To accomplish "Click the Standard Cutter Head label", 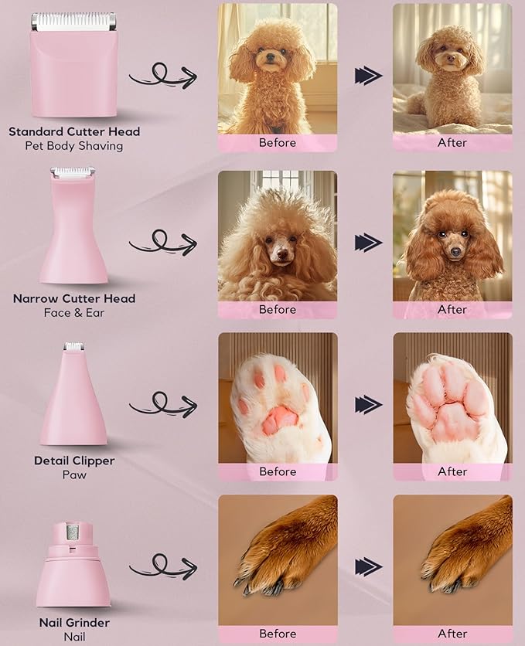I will coord(74,131).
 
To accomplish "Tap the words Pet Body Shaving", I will coord(74,146).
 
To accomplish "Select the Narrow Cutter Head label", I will coord(74,298).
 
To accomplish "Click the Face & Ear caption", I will coord(74,313).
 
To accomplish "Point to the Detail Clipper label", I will coord(74,461).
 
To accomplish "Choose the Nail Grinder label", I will coord(74,623).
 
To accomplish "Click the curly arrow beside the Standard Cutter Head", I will coord(162,76).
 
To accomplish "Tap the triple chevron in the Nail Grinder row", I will coord(368,566).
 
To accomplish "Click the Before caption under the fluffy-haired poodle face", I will coord(278,310).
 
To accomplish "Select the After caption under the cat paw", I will coord(452,472).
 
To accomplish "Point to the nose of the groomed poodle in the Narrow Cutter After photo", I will coord(454,252).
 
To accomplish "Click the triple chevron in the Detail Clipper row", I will coord(368,404).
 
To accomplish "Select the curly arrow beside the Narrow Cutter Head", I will coord(162,243).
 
